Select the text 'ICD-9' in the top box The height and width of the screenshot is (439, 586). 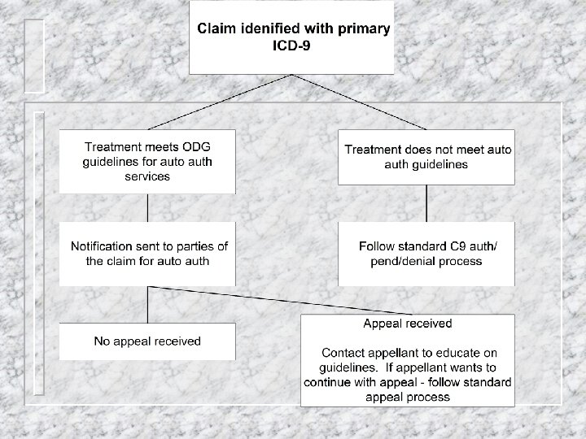(x=291, y=46)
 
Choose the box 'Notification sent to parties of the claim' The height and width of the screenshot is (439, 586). (x=147, y=253)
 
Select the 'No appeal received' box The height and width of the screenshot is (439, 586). (x=147, y=341)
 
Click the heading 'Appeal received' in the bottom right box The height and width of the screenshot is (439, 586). (x=407, y=324)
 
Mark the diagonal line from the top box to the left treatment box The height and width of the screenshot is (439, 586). (x=220, y=102)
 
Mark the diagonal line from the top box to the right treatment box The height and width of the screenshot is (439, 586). (x=358, y=102)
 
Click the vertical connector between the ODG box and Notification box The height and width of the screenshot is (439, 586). (x=147, y=206)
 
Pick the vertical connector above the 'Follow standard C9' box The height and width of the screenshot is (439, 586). (x=426, y=206)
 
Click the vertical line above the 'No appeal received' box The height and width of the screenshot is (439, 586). (x=147, y=304)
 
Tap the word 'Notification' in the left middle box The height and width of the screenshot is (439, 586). (x=104, y=246)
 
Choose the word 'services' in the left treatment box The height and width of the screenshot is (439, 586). (x=147, y=176)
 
